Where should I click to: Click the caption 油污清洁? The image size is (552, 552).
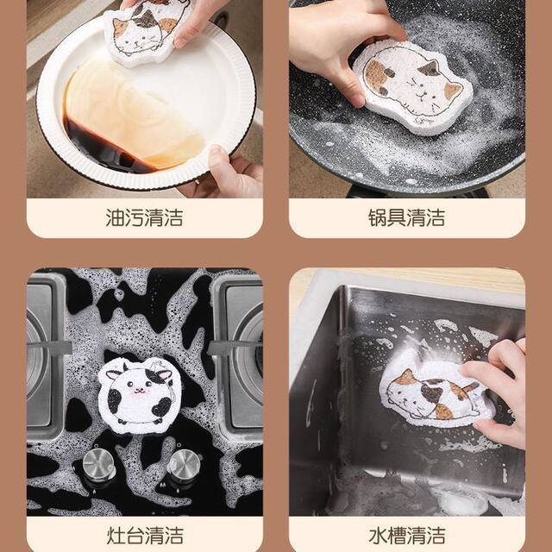(144, 216)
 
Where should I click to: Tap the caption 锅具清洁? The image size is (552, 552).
(406, 216)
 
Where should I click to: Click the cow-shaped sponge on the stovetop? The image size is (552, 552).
(139, 392)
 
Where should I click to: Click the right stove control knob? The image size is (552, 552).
(183, 466)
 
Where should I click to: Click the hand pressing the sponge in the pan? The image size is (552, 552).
(328, 43)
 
